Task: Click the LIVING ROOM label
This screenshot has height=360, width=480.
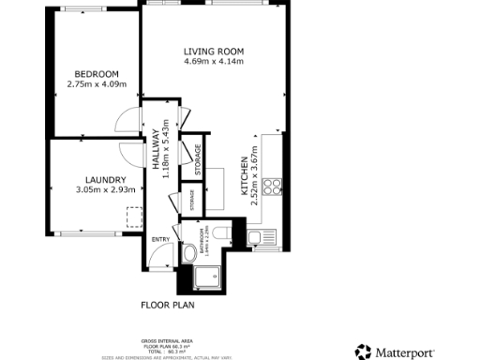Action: coord(213,52)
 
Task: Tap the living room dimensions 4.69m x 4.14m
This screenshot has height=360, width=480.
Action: coord(213,62)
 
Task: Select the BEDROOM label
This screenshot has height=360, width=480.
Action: coord(97,74)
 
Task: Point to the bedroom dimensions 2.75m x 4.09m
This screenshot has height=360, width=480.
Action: coord(97,84)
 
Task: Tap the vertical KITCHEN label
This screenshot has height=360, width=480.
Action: coord(246,174)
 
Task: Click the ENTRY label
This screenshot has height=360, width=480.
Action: coord(160,239)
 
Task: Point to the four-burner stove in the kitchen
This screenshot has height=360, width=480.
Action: coord(273,186)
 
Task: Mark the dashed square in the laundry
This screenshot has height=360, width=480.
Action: coord(133,217)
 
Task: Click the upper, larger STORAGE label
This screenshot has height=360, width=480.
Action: coord(198,160)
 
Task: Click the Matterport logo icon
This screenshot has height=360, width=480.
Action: coord(364,352)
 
